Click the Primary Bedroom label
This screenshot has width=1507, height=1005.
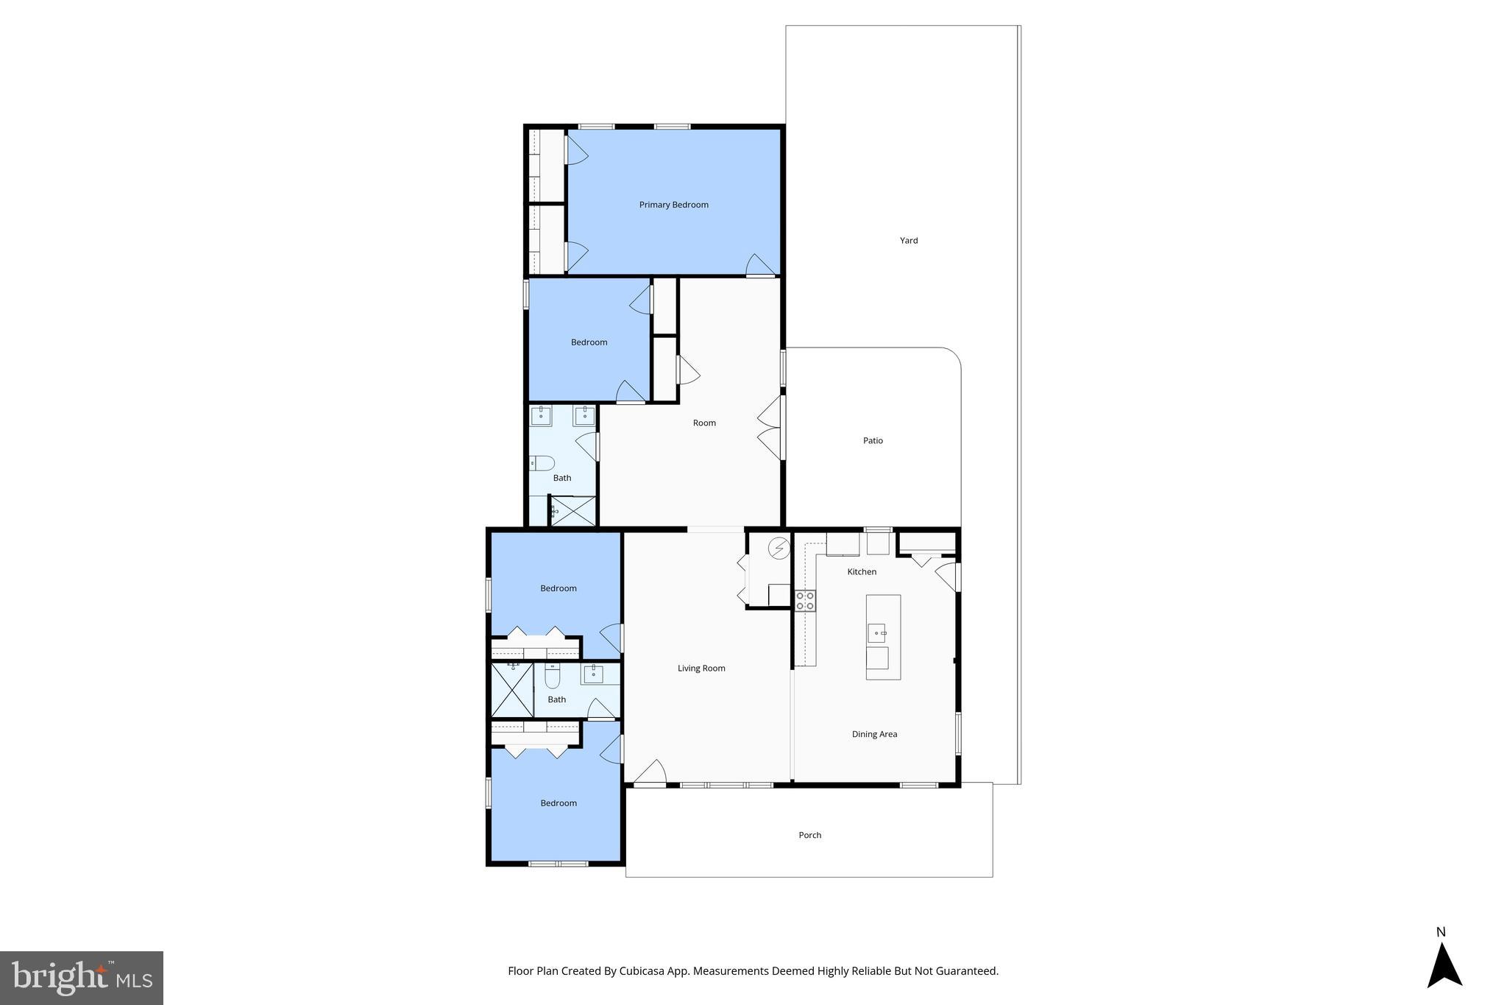click(x=673, y=205)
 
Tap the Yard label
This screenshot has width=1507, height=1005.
click(x=909, y=241)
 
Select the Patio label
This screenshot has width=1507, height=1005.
click(x=873, y=440)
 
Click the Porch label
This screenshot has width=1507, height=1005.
click(x=809, y=835)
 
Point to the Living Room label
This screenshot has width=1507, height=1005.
click(x=701, y=669)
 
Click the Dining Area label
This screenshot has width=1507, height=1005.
click(x=874, y=734)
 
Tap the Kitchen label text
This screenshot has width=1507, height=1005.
click(x=862, y=572)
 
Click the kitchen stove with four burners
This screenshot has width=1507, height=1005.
click(x=804, y=601)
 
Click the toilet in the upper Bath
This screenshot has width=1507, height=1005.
click(x=542, y=463)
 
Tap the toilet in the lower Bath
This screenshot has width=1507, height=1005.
click(x=553, y=674)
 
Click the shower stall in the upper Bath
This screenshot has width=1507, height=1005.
click(x=573, y=511)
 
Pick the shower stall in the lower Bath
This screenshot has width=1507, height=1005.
click(x=511, y=690)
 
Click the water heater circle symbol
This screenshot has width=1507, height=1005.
click(x=779, y=548)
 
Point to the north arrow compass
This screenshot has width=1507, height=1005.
click(x=1444, y=966)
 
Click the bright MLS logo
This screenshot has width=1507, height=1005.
click(x=82, y=978)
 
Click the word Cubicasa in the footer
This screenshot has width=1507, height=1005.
click(x=643, y=971)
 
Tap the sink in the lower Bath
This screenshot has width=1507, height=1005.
click(x=593, y=674)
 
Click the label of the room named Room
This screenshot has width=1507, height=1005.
click(x=704, y=423)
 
